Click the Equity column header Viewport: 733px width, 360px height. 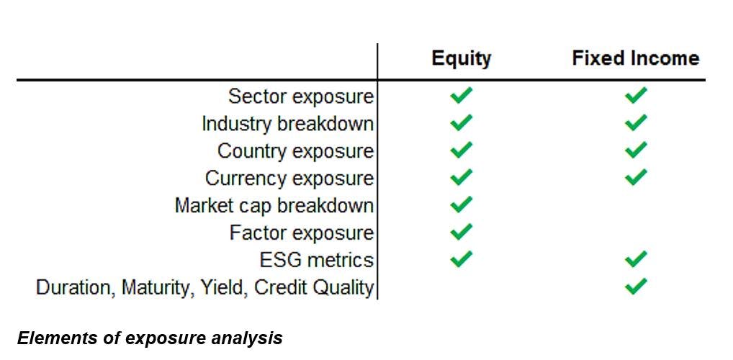coord(461,59)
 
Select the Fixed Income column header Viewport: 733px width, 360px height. coord(636,58)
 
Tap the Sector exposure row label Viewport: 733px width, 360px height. coord(301,96)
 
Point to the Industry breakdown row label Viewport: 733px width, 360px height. coord(288,124)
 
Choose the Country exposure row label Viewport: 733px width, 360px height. coord(296,151)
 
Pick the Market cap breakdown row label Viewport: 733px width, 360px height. coord(274,205)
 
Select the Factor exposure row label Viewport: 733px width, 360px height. coord(302,233)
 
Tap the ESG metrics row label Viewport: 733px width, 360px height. coord(317,259)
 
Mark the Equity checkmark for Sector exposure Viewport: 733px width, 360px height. coord(461,95)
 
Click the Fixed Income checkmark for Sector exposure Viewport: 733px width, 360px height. coord(636,95)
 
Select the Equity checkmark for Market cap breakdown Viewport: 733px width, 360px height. coord(461,204)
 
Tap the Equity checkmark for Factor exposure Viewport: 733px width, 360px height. coord(461,231)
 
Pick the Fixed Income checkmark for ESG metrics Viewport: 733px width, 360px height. coord(636,258)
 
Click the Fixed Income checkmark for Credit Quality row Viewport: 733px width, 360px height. coord(636,286)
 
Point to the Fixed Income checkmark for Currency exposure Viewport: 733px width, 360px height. coord(636,177)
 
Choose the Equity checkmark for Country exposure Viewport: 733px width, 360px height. coord(461,150)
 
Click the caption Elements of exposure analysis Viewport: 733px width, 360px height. coord(150,338)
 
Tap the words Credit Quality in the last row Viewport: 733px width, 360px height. coord(314,287)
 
